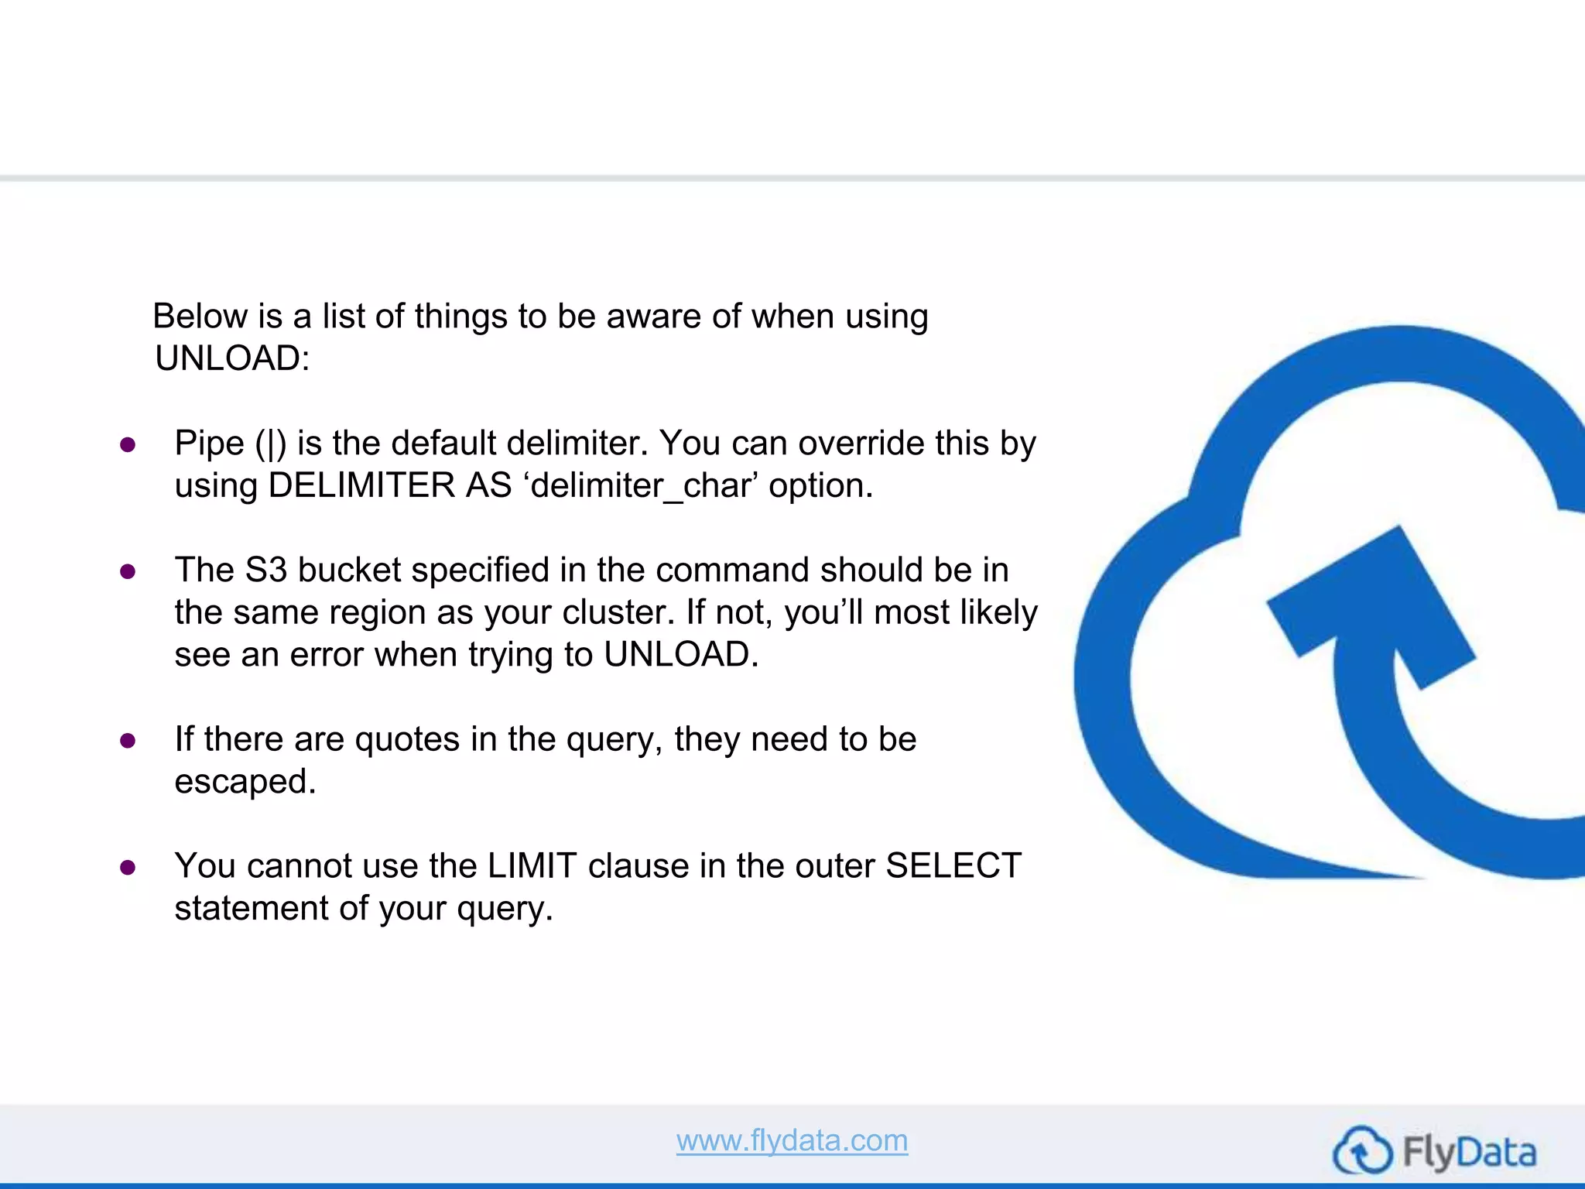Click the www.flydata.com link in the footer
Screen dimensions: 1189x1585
pos(792,1140)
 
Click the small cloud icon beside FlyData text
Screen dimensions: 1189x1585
pos(1362,1151)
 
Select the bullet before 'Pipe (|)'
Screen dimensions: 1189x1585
pos(128,445)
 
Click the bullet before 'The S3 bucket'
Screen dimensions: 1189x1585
pos(128,572)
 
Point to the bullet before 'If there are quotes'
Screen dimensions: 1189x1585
pos(128,741)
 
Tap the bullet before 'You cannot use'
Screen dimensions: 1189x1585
pos(128,868)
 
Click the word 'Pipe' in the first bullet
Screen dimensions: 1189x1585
pos(209,444)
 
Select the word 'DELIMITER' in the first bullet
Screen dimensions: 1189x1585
pos(362,486)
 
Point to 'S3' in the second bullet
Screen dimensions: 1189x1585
pos(266,571)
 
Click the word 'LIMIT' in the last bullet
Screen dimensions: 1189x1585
pos(532,866)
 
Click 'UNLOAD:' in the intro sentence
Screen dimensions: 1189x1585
pos(232,358)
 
